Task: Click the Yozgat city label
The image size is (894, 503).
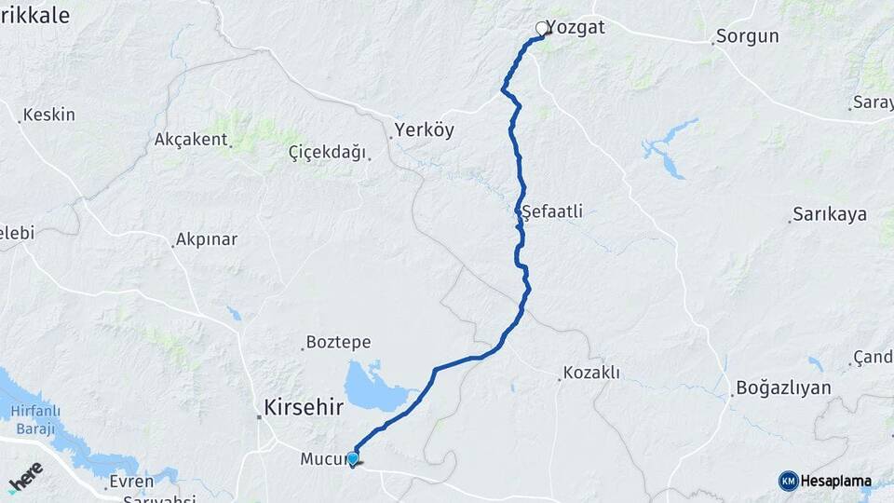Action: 575,27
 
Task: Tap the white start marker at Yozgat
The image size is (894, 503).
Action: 542,29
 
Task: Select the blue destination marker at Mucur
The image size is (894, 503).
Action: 352,457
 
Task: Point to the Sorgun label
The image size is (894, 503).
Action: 747,37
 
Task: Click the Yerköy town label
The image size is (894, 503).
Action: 424,130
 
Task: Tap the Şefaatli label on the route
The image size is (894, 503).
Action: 553,211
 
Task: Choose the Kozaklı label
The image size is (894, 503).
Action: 591,374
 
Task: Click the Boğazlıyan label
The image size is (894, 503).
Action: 783,387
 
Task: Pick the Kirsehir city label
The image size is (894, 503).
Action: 304,408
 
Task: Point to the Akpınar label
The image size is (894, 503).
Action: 206,239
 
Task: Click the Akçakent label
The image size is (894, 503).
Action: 192,140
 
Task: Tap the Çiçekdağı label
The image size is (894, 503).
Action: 327,153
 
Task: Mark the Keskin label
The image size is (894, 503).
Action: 49,115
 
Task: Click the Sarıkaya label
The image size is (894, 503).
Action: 830,214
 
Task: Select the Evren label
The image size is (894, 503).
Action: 130,482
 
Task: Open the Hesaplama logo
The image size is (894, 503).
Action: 827,482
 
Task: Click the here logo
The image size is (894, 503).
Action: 26,477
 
